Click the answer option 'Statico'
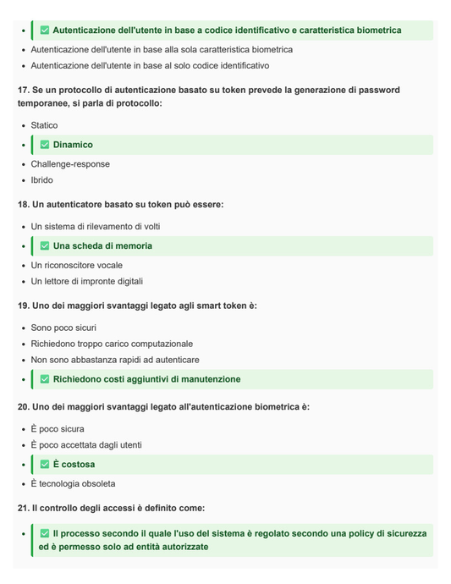(44, 125)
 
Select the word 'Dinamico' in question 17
(73, 145)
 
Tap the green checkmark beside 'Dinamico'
(45, 145)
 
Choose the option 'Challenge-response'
(70, 164)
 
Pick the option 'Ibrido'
(41, 180)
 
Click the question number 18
(23, 205)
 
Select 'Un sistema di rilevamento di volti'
(95, 227)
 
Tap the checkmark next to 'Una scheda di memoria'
(45, 246)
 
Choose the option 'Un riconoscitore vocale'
(76, 266)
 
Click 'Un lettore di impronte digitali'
(86, 282)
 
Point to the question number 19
(23, 306)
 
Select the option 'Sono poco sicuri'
(63, 328)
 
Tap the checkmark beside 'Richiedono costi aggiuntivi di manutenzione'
(45, 379)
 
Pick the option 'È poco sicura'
(58, 429)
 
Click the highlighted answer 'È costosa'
(74, 465)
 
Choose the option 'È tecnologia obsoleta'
(73, 484)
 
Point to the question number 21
(23, 508)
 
